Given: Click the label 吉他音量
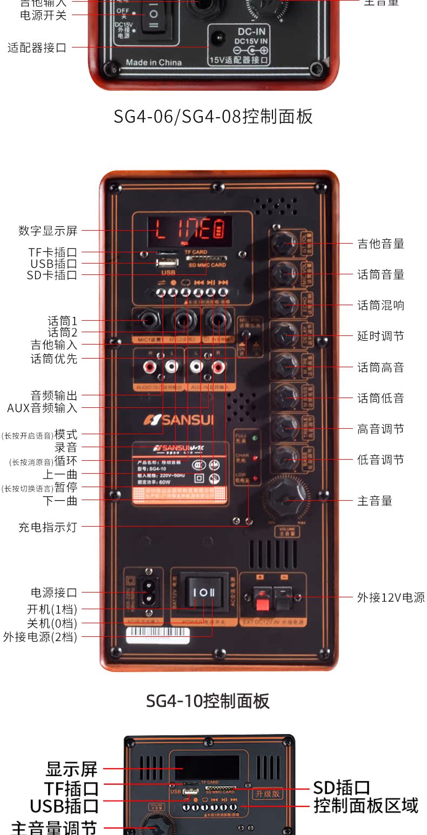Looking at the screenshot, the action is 381,244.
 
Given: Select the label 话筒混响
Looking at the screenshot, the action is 381,306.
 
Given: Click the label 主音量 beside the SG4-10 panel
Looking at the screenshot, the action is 375,501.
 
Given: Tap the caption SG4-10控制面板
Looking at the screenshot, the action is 208,701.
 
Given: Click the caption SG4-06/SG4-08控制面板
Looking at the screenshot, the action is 213,117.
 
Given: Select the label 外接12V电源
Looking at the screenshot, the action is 391,597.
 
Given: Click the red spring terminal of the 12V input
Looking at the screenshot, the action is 262,597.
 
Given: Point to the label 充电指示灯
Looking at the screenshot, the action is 48,527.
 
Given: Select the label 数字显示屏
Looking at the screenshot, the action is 48,231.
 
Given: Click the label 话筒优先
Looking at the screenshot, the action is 54,358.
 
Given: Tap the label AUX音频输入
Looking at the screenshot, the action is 42,408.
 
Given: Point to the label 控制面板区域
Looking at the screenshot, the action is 366,806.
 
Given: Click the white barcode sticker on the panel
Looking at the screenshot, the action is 158,634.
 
